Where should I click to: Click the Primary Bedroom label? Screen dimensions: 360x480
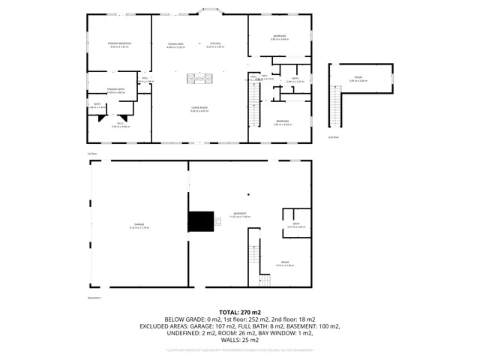pos(120,44)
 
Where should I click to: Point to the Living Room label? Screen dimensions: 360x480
pos(199,109)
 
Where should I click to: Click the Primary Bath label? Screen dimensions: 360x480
pos(115,89)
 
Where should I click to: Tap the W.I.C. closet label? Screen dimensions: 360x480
pos(120,124)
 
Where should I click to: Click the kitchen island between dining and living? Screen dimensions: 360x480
pos(200,78)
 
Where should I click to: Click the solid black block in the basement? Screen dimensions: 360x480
pos(200,222)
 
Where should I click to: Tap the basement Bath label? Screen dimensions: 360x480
pos(296,224)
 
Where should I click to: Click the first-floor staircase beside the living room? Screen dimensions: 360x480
pos(253,105)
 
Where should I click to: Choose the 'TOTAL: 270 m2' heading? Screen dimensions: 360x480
pos(239,311)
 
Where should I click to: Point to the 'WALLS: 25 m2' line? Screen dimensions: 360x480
pos(239,341)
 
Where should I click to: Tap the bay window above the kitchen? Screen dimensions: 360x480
pos(208,12)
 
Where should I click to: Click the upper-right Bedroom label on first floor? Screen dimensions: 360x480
pos(279,36)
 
